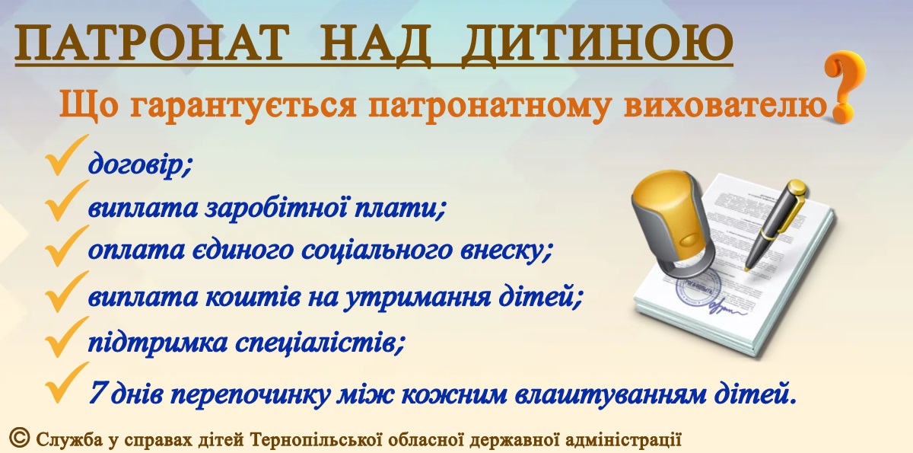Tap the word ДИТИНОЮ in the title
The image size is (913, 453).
597,43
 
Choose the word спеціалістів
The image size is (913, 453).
319,343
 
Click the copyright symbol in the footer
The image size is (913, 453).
20,438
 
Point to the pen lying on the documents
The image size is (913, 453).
775,225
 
